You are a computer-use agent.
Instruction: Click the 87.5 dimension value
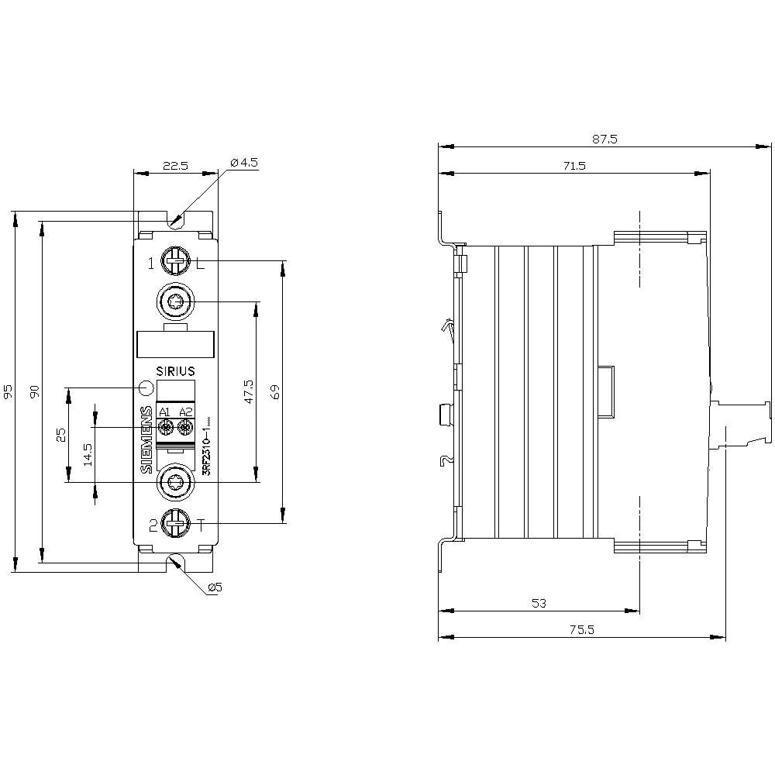coord(604,139)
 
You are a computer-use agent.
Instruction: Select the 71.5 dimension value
coord(574,166)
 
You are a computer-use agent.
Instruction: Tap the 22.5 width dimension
coord(174,165)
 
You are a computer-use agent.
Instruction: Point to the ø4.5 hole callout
coord(243,163)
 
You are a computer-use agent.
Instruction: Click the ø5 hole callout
coord(215,588)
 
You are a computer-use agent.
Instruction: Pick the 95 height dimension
coord(9,392)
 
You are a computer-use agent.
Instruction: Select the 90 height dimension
coord(35,392)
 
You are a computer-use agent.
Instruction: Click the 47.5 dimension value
coord(249,392)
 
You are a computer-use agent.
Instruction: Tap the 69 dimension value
coord(275,392)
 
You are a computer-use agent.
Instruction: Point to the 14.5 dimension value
coord(88,453)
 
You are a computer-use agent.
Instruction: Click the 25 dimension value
coord(62,436)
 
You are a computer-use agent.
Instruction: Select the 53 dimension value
coord(539,603)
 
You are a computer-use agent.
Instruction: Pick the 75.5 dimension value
coord(581,630)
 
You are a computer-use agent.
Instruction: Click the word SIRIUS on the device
coord(175,371)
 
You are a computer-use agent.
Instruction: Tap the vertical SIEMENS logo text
coord(146,439)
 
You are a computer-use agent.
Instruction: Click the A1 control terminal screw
coord(164,427)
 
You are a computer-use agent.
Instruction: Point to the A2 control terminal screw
coord(184,427)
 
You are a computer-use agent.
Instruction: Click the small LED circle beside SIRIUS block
coord(146,387)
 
